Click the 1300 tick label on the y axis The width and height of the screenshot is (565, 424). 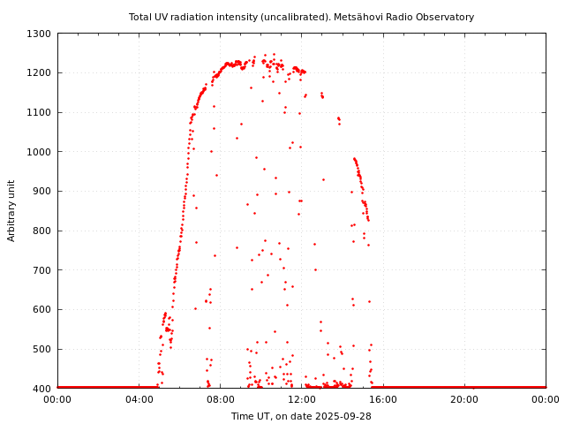tap(39, 34)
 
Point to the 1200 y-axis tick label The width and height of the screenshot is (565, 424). tap(39, 73)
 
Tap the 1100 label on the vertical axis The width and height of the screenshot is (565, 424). tap(39, 112)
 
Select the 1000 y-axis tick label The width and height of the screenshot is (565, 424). tap(39, 152)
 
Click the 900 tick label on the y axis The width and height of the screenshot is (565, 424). tap(41, 192)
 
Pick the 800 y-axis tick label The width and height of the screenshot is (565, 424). tap(41, 231)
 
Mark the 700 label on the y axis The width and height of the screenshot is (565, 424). tap(41, 270)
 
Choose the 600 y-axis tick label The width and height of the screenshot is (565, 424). tap(41, 310)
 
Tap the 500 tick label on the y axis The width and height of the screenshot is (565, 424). tap(41, 349)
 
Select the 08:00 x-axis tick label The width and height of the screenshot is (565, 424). tap(220, 399)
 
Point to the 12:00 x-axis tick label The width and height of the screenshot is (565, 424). tap(301, 399)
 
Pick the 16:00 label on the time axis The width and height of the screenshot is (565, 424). tap(383, 399)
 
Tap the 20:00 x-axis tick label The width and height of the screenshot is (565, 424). tap(464, 399)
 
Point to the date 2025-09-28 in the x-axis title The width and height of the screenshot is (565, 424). tap(343, 416)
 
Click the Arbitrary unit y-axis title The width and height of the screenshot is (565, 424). tap(11, 210)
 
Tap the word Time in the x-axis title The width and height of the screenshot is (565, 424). tap(242, 416)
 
